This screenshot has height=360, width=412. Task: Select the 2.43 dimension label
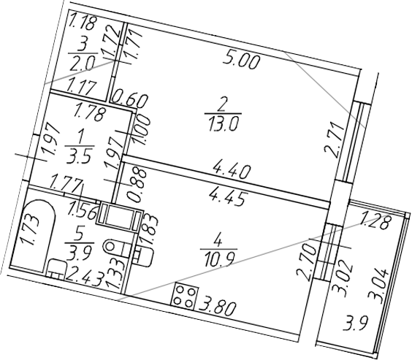[x=80, y=275]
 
